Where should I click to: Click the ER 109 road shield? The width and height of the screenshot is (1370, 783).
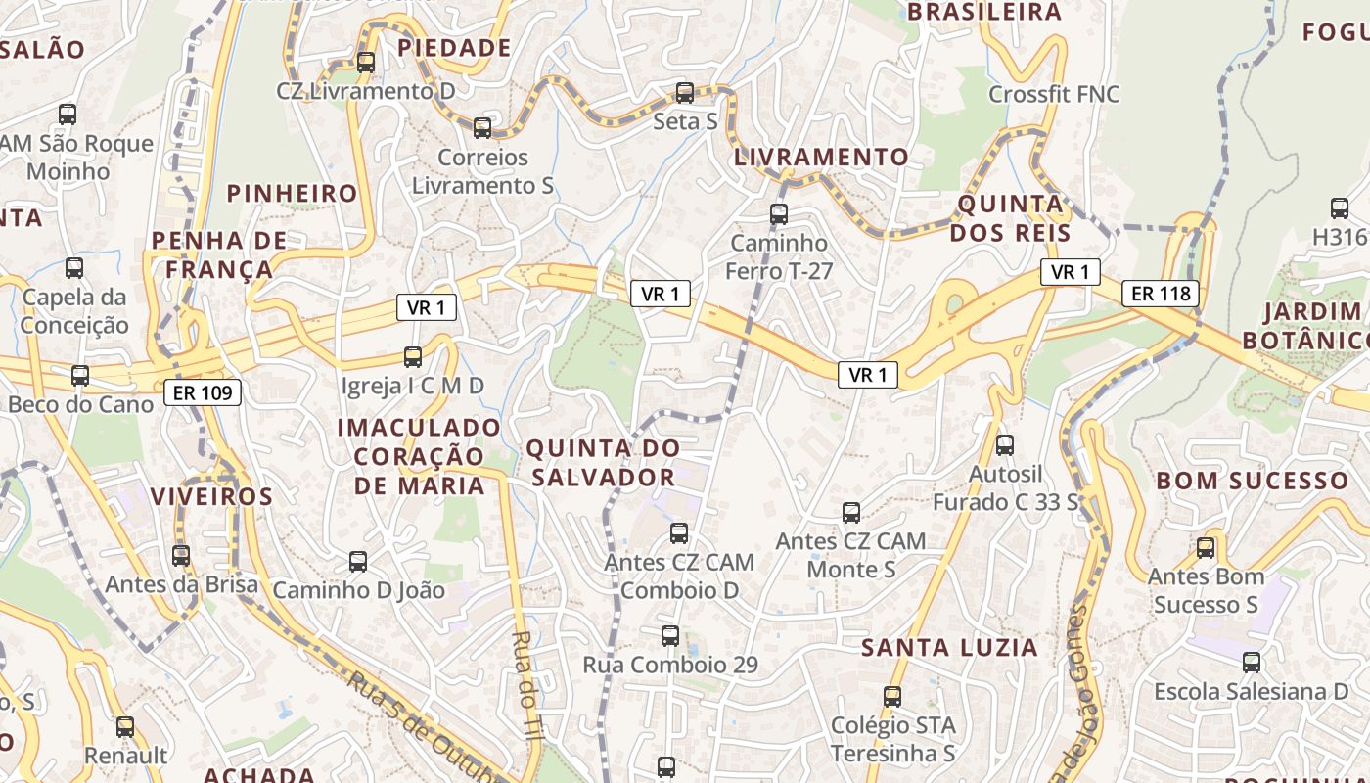203,392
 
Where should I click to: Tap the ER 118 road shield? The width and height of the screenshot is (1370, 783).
1160,293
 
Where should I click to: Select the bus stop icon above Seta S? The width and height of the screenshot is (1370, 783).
685,93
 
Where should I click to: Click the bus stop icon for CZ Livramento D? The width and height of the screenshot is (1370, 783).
366,63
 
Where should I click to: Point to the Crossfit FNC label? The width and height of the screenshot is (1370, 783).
1054,94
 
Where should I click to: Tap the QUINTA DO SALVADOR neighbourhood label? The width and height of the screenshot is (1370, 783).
603,463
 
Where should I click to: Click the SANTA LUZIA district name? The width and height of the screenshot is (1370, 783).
949,647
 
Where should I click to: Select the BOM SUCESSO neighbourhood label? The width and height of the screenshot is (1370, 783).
1252,481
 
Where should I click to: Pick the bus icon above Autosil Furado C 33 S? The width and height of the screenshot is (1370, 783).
1004,445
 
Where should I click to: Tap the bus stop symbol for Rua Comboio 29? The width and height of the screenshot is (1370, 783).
670,636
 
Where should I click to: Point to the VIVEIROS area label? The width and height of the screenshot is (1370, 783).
211,496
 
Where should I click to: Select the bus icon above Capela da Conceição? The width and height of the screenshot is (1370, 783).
74,268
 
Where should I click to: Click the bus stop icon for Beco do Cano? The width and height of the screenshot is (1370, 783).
80,376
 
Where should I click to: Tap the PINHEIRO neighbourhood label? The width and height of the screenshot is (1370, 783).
293,193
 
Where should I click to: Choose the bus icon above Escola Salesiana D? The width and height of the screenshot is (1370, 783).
1252,663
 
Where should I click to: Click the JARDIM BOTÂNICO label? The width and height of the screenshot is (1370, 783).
1304,326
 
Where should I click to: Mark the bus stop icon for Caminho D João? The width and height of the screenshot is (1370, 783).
358,562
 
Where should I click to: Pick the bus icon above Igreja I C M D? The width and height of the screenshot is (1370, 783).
413,357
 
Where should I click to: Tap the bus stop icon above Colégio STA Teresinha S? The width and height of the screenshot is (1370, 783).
892,697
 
